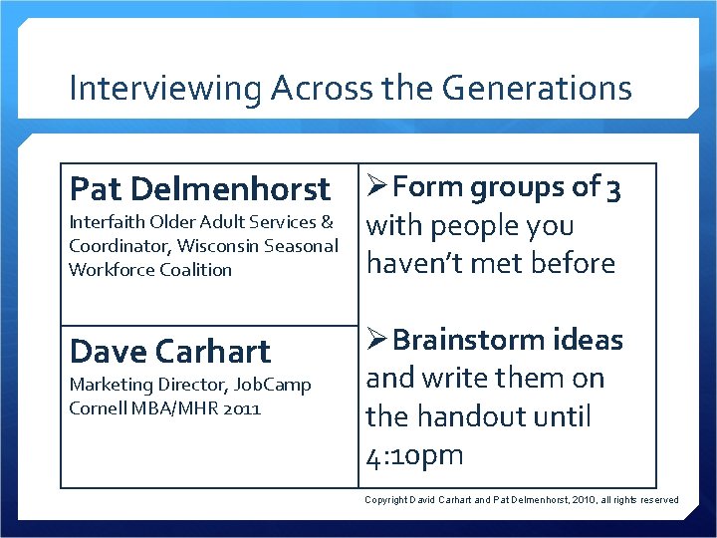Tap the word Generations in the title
[x=537, y=89]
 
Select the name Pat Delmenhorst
[x=199, y=188]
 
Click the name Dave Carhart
[x=169, y=351]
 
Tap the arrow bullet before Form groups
[x=377, y=187]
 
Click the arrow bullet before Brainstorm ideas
[x=377, y=341]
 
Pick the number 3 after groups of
[x=614, y=188]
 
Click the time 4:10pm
[x=415, y=456]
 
